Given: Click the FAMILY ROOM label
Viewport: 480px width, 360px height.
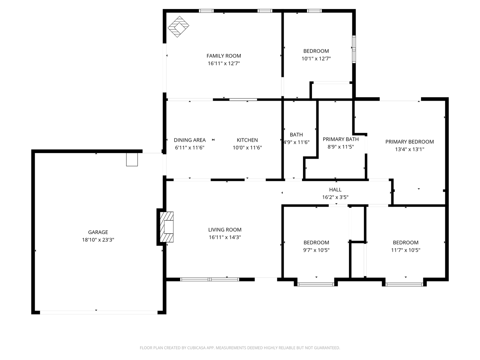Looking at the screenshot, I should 224,56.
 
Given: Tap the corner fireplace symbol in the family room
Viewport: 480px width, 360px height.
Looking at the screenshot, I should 178,27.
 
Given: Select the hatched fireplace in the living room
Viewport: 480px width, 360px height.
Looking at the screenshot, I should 167,227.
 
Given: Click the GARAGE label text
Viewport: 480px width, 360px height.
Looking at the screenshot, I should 98,232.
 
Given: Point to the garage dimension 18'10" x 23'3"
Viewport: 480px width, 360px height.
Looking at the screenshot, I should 98,240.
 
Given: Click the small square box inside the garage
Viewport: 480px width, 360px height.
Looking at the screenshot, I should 132,159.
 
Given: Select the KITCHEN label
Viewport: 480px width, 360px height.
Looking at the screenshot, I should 247,140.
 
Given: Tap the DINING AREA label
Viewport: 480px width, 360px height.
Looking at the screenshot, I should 190,140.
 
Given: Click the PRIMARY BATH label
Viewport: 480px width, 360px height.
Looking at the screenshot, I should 341,139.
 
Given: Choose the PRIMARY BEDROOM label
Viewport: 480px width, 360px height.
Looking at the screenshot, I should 410,142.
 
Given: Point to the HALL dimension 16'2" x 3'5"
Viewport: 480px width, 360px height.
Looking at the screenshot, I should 335,197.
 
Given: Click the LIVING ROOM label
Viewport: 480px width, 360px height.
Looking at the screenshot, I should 225,230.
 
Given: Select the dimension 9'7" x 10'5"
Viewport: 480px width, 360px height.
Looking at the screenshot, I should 316,250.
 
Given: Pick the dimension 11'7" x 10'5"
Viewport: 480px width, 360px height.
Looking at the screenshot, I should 405,250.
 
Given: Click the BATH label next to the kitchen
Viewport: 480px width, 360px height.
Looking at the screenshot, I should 296,135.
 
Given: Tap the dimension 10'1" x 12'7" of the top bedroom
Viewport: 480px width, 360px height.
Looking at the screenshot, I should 316,58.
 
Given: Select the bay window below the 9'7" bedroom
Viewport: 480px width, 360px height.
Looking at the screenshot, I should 316,284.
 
